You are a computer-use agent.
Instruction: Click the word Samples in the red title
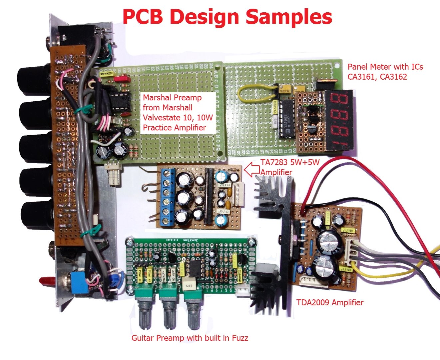(x=289, y=17)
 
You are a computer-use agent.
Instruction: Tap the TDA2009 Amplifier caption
(x=329, y=303)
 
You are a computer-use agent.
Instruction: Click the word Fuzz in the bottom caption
(x=239, y=338)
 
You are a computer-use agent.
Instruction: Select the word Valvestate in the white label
(x=161, y=118)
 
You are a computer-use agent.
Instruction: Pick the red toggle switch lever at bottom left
(x=47, y=281)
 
